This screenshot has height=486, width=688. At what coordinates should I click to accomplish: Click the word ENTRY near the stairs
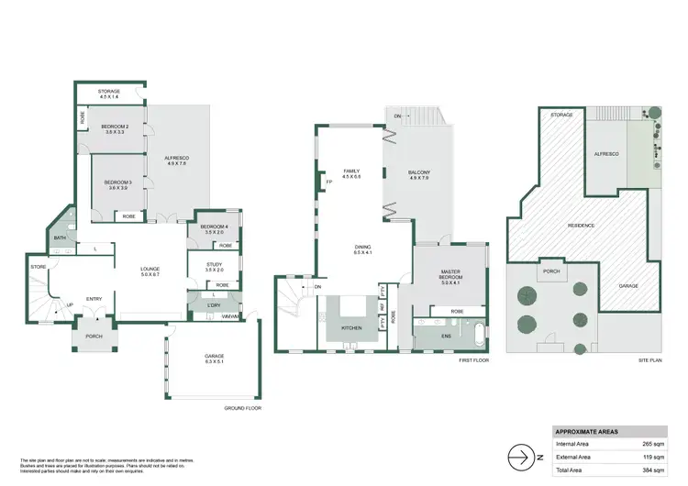point(94,299)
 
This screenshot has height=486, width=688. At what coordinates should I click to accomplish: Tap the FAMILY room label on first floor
point(351,171)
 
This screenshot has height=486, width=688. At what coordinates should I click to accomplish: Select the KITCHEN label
point(351,327)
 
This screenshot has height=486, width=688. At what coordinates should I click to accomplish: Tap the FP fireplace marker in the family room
point(328,182)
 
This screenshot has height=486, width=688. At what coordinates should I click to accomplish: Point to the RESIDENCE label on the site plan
point(581,226)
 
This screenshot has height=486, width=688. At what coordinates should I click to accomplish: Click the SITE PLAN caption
point(649,361)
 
